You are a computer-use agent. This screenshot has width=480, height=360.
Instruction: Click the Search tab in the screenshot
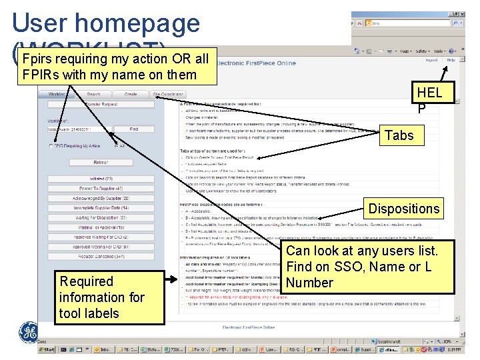coord(94,95)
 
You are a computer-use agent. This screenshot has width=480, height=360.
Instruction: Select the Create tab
coord(131,95)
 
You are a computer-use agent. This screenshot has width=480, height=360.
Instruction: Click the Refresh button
coord(101,162)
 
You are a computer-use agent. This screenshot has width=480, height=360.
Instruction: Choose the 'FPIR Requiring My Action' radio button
coord(51,145)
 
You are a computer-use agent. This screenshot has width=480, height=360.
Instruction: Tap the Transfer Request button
coord(101,104)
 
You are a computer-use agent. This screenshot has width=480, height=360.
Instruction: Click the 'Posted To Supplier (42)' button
coord(101,189)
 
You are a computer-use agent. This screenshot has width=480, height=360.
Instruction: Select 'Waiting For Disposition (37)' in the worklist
coord(101,217)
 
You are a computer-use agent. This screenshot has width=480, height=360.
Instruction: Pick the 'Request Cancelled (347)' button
coord(101,256)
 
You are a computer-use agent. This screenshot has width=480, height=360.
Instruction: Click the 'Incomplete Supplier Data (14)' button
coord(101,208)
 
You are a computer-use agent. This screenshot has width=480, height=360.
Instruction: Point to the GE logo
coord(29,331)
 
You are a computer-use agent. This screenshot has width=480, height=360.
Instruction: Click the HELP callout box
coord(429,99)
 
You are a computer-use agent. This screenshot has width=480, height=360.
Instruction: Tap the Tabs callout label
coord(399,135)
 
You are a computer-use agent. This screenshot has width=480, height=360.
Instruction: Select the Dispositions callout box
coord(404,208)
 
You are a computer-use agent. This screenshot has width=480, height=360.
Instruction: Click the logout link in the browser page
coord(431,60)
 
